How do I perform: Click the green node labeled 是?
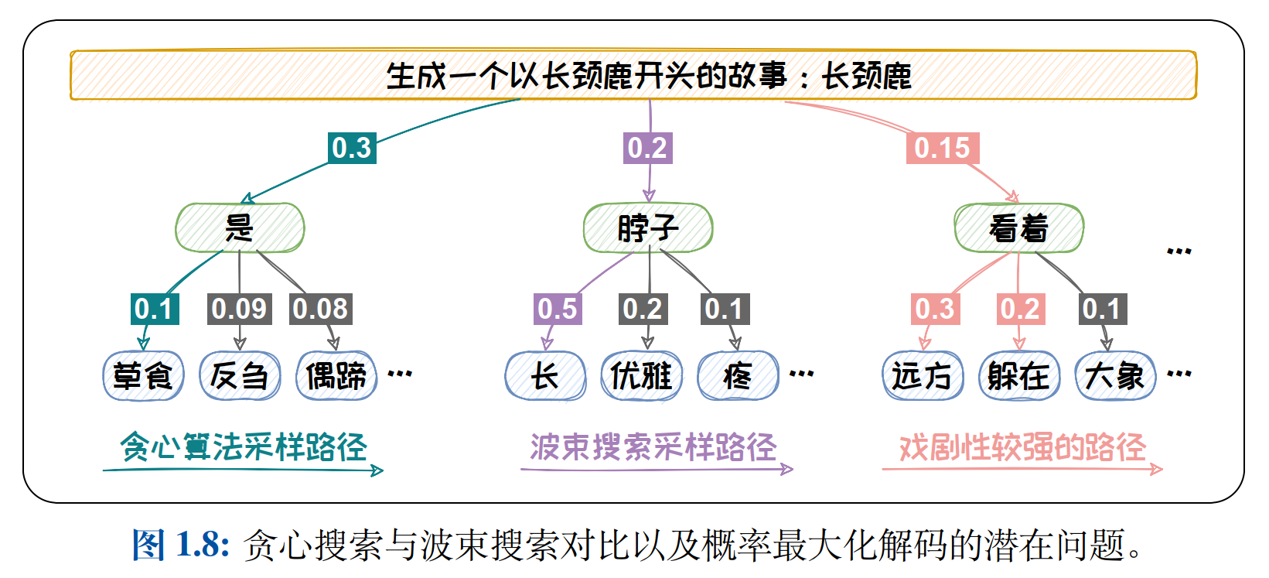pyautogui.click(x=240, y=227)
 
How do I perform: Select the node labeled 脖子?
pyautogui.click(x=648, y=227)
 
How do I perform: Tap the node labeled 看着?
pyautogui.click(x=1018, y=227)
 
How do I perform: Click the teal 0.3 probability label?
pyautogui.click(x=352, y=147)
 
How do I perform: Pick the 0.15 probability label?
pyautogui.click(x=942, y=147)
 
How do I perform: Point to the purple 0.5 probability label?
pyautogui.click(x=558, y=309)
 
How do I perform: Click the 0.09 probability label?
pyautogui.click(x=239, y=309)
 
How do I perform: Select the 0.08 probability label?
pyautogui.click(x=320, y=309)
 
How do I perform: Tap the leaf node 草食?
pyautogui.click(x=143, y=376)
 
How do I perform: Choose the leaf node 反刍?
pyautogui.click(x=240, y=376)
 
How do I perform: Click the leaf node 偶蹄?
pyautogui.click(x=336, y=376)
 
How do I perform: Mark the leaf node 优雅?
pyautogui.click(x=641, y=376)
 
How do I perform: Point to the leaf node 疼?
pyautogui.click(x=738, y=376)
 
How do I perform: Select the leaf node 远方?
pyautogui.click(x=922, y=376)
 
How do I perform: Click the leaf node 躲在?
pyautogui.click(x=1018, y=376)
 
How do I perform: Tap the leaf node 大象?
pyautogui.click(x=1115, y=376)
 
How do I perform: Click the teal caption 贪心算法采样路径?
pyautogui.click(x=244, y=446)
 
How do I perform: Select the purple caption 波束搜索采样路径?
pyautogui.click(x=653, y=446)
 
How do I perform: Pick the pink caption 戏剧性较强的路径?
pyautogui.click(x=1022, y=446)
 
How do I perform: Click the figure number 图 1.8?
pyautogui.click(x=181, y=544)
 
